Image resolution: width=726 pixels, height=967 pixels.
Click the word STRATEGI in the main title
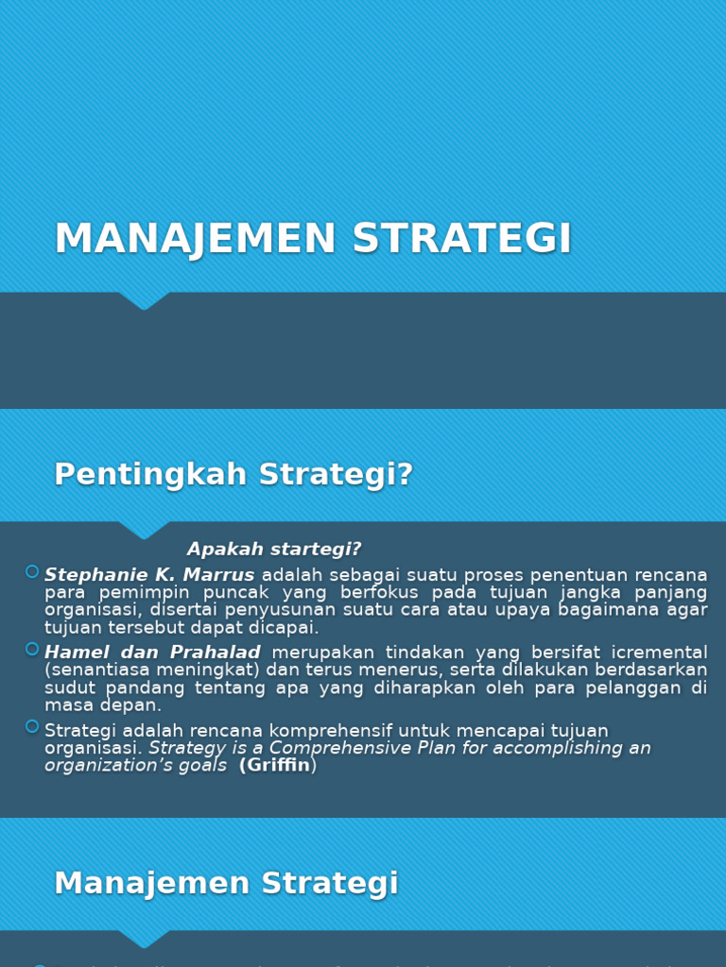pos(462,239)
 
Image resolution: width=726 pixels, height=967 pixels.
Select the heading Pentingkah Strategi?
pos(233,474)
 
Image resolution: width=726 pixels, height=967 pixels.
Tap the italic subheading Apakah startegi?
pos(274,550)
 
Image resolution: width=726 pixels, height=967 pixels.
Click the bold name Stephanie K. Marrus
pos(149,575)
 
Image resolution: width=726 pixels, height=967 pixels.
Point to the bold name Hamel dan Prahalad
pos(152,653)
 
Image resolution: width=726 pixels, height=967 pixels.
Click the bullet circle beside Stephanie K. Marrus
pos(32,571)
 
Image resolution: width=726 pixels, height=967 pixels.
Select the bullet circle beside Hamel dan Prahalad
pos(32,649)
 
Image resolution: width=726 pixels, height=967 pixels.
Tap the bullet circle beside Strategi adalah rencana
pos(32,726)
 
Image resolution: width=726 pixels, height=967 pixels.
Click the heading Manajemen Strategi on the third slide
pos(226,884)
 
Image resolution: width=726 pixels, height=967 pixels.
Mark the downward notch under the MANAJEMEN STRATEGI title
pos(144,301)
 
